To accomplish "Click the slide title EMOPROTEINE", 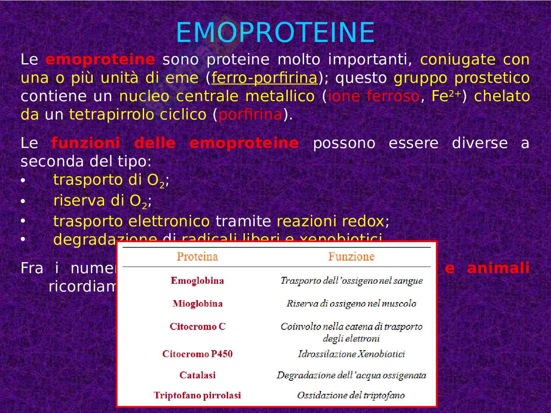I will [275, 33].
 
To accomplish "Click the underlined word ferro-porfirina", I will [264, 78].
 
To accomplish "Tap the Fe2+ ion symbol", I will [446, 96].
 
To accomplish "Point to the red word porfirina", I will [250, 115].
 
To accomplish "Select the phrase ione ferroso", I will [373, 96].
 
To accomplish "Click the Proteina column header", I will [197, 256].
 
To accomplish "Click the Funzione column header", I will [351, 256].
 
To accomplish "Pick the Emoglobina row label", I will [197, 280].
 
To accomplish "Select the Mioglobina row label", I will [197, 303].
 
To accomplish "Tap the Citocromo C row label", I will [197, 327].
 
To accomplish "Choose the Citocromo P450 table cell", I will [197, 354].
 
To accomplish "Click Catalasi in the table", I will [197, 375].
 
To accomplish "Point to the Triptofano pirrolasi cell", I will [197, 395].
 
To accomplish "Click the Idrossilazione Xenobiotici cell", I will [351, 354].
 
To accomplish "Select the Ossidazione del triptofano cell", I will [351, 395].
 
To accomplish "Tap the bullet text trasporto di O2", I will [111, 180].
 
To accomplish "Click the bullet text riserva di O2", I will [102, 201].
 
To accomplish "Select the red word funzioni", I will [85, 143].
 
